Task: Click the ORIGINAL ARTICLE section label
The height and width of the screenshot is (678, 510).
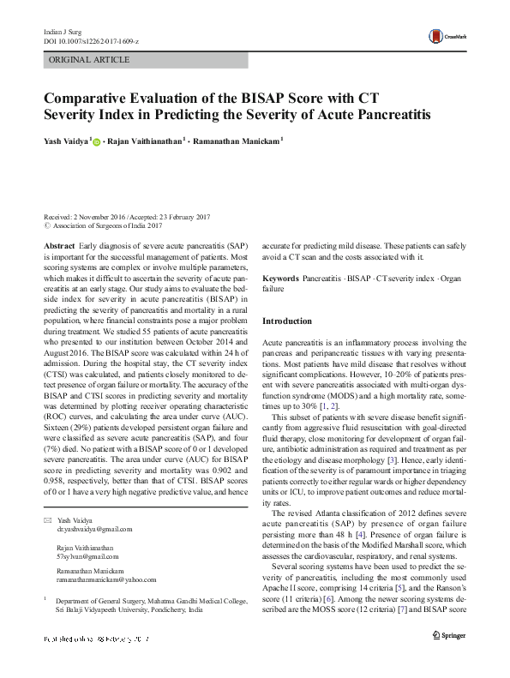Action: point(89,60)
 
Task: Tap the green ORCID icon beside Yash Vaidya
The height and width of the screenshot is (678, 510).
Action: point(97,142)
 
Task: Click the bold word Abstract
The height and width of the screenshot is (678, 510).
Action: point(59,245)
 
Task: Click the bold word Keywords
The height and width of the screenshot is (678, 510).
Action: point(280,279)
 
